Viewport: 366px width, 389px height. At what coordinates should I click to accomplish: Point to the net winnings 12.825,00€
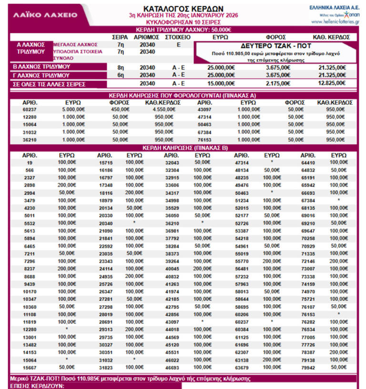[x=332, y=83]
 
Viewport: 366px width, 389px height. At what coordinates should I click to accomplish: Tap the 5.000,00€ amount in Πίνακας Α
[x=73, y=110]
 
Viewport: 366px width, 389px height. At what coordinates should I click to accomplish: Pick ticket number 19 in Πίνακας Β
[x=30, y=162]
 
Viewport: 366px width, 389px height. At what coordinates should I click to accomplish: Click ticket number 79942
[x=308, y=368]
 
